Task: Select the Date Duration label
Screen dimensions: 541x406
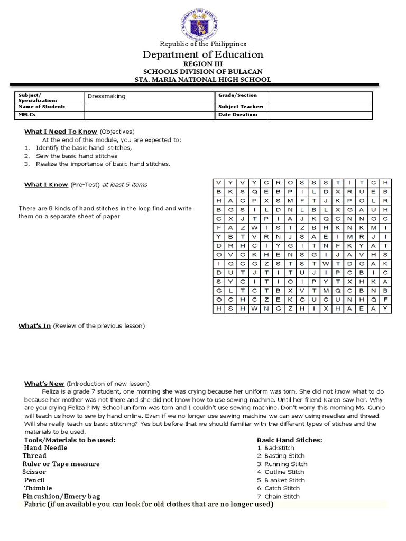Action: (x=237, y=115)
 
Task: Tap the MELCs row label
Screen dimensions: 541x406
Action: (x=27, y=115)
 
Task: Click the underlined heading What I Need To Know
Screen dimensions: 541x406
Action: (x=61, y=132)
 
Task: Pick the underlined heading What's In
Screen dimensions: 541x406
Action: (x=35, y=326)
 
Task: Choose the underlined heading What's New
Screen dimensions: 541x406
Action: (x=44, y=383)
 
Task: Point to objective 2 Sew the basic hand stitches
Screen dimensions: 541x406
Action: (x=76, y=156)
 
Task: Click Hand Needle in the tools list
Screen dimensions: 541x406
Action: (x=46, y=447)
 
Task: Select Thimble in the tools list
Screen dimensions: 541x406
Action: (x=38, y=488)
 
